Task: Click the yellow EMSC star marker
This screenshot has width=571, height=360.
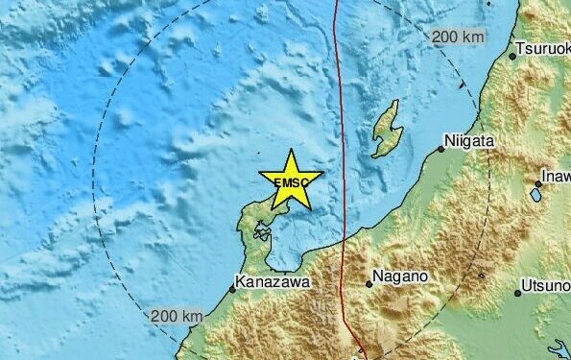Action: click(x=290, y=180)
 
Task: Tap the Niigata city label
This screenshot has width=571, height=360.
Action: click(x=471, y=141)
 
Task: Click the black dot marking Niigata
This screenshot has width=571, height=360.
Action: click(x=442, y=149)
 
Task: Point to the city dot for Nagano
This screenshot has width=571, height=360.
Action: click(x=369, y=283)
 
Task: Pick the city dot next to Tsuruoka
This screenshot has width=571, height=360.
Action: click(x=512, y=56)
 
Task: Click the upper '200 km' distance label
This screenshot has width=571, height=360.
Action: click(x=457, y=37)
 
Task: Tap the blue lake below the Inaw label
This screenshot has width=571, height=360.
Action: click(x=535, y=194)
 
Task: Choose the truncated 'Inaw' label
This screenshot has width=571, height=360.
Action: click(x=556, y=176)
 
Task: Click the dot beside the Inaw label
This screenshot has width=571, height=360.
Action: click(x=536, y=183)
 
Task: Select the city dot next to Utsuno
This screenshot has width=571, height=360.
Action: click(x=517, y=293)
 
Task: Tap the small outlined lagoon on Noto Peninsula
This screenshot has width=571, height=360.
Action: click(x=260, y=230)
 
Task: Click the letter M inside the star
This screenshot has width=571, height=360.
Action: click(x=289, y=181)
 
